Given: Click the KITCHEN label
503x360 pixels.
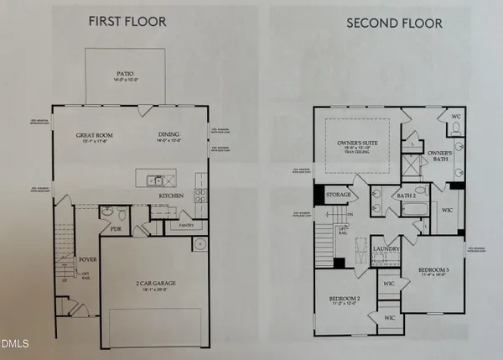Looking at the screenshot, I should [x=171, y=195].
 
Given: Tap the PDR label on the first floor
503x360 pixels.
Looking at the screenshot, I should [x=117, y=227].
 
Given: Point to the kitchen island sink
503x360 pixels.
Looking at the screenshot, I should [x=153, y=179].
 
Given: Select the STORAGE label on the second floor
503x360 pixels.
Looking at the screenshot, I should [x=338, y=195].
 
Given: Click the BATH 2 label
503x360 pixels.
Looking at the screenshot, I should [x=407, y=196].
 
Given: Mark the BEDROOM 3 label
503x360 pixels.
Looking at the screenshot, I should [x=434, y=269].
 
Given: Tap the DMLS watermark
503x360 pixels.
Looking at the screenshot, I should [x=14, y=342].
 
